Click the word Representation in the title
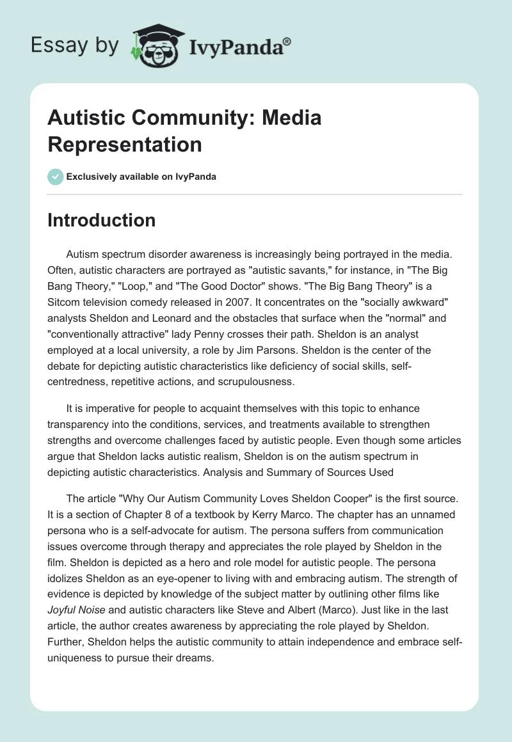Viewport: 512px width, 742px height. tap(125, 144)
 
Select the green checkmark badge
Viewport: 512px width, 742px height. tap(56, 177)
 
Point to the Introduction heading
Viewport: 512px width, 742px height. tap(102, 221)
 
